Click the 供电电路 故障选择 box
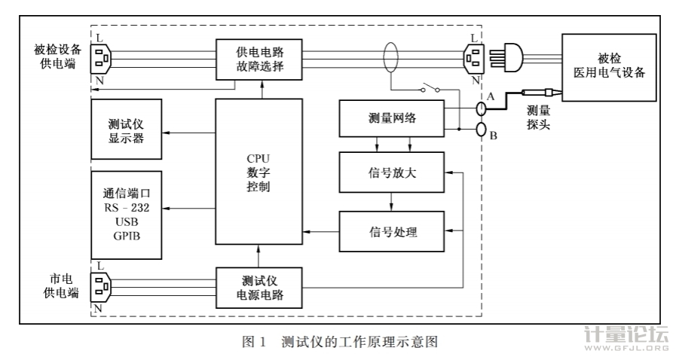[x=259, y=59]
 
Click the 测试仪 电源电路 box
[x=259, y=286]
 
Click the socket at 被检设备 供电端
[x=102, y=56]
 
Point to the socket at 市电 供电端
[x=102, y=286]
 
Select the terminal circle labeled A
[x=480, y=108]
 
